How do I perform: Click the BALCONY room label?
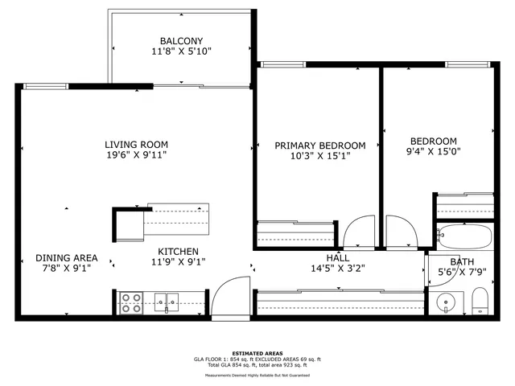[181, 41]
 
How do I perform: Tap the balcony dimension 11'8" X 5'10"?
[181, 51]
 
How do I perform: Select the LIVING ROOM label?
[136, 145]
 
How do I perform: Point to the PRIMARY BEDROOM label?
[319, 146]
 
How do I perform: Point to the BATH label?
[462, 262]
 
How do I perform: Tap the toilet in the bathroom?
[480, 304]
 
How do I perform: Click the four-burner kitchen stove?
[131, 302]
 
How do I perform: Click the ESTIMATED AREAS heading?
[257, 353]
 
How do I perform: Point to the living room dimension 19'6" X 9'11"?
[136, 156]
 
